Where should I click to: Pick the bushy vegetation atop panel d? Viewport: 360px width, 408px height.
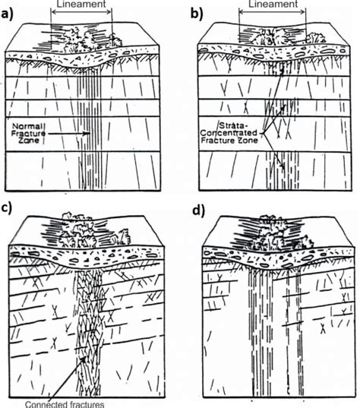point(266,232)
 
